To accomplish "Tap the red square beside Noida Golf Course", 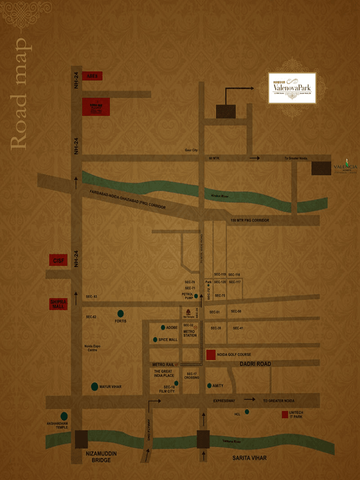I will pos(211,355).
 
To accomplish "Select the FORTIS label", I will pos(121,322).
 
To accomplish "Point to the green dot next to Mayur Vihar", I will pos(95,387).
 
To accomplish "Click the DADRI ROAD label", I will pos(254,364).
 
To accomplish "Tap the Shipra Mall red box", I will pos(59,304).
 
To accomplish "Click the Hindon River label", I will pos(220,196).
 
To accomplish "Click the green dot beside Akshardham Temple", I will pos(64,416).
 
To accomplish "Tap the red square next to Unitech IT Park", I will pos(284,415).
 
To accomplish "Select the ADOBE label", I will pos(172,328).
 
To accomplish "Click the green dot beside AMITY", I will pos(208,386).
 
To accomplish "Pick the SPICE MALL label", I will pos(169,340).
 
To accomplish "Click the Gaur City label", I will pos(191,151).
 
